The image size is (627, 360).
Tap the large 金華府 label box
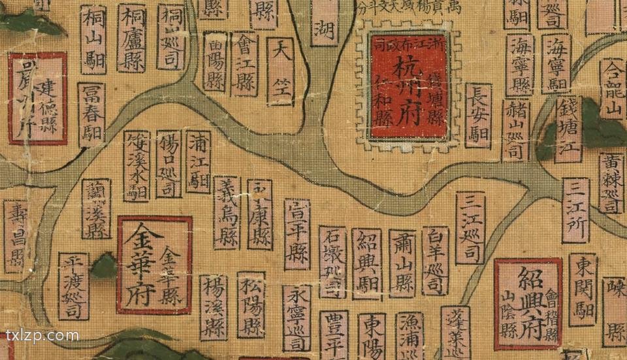pyautogui.click(x=155, y=265)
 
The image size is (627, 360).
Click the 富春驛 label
pyautogui.click(x=91, y=114)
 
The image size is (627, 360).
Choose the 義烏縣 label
pyautogui.click(x=227, y=212)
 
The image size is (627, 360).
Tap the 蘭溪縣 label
pyautogui.click(x=96, y=208)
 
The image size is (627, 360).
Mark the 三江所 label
pyautogui.click(x=575, y=210)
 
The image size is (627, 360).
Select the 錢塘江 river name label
pyautogui.click(x=568, y=129)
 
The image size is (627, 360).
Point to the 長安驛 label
pyautogui.click(x=479, y=115)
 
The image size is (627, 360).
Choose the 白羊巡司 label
pyautogui.click(x=435, y=261)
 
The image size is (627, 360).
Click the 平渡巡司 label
pyautogui.click(x=73, y=286)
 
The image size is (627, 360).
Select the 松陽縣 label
pyautogui.click(x=251, y=304)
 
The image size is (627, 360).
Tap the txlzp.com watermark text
pyautogui.click(x=42, y=336)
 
